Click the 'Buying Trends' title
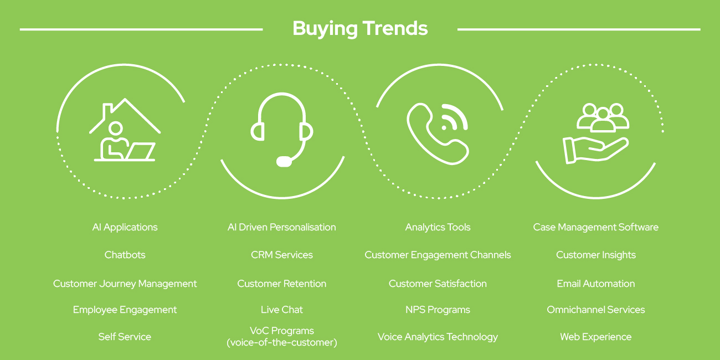click(360, 28)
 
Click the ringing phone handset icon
click(438, 133)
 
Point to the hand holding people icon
click(596, 133)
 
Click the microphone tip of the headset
click(284, 161)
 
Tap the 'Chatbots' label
click(125, 255)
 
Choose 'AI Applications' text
click(125, 228)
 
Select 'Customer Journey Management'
click(125, 284)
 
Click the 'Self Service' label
click(125, 337)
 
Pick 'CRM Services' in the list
click(282, 255)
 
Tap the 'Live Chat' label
click(282, 310)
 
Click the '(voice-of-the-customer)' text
click(282, 343)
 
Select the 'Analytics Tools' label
click(438, 227)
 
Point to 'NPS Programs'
click(438, 310)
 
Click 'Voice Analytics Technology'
click(438, 337)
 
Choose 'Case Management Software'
click(596, 228)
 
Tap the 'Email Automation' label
click(596, 284)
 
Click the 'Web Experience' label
click(596, 337)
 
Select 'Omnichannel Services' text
click(596, 310)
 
